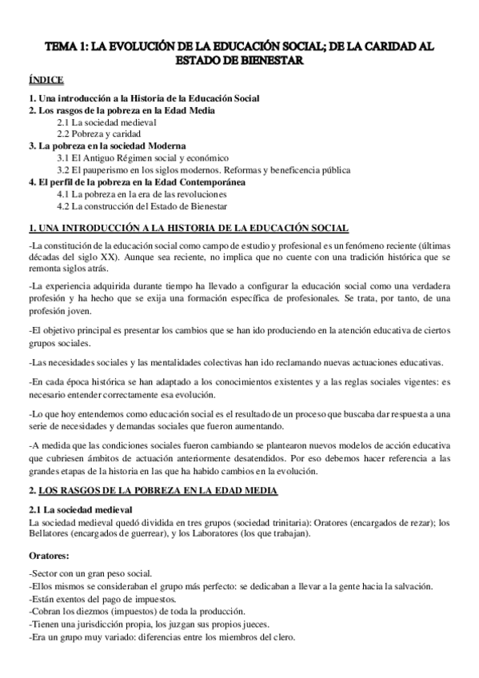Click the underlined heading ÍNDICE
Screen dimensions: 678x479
[46, 82]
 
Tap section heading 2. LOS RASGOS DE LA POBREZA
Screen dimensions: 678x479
[152, 489]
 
